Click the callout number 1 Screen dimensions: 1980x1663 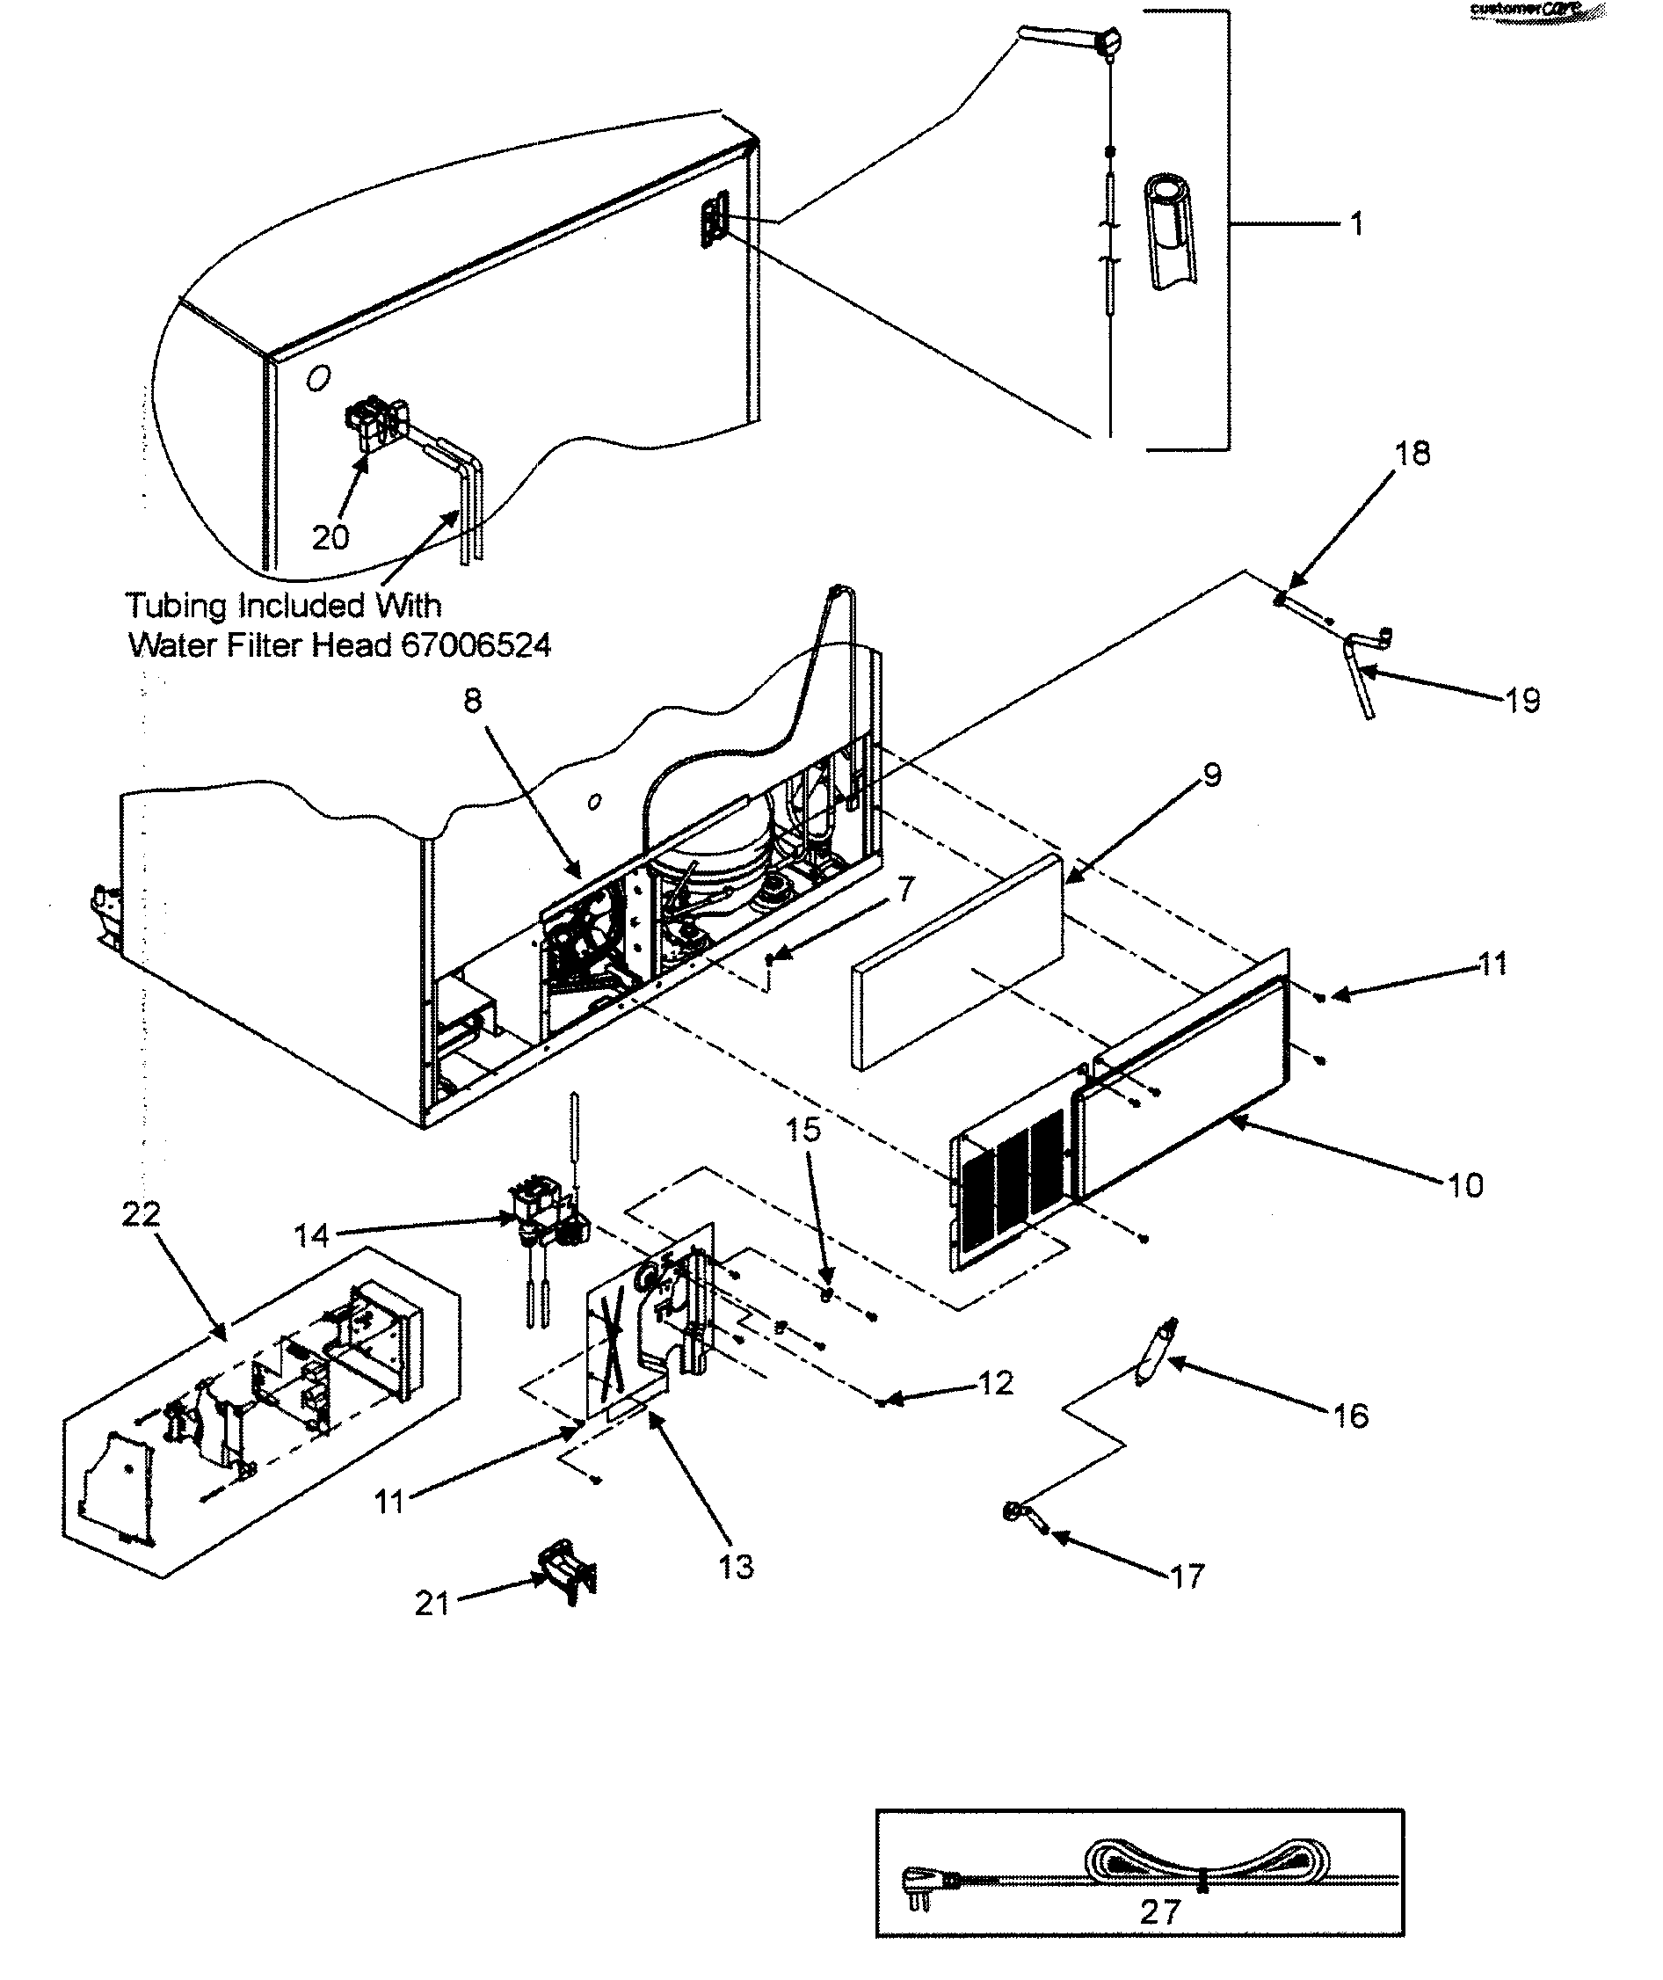point(1355,224)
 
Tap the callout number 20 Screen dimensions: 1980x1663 point(330,537)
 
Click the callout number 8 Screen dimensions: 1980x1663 point(472,700)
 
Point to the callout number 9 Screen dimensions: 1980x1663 point(1211,775)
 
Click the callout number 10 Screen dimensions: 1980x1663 point(1465,1185)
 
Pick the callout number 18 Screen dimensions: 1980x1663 point(1412,454)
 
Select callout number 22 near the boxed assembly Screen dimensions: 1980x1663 point(142,1213)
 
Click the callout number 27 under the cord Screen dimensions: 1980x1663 point(1159,1912)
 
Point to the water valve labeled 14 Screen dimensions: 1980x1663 point(542,1217)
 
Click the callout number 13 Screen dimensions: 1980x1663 point(737,1567)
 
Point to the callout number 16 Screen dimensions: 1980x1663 point(1350,1416)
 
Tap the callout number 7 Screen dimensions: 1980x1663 point(905,888)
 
